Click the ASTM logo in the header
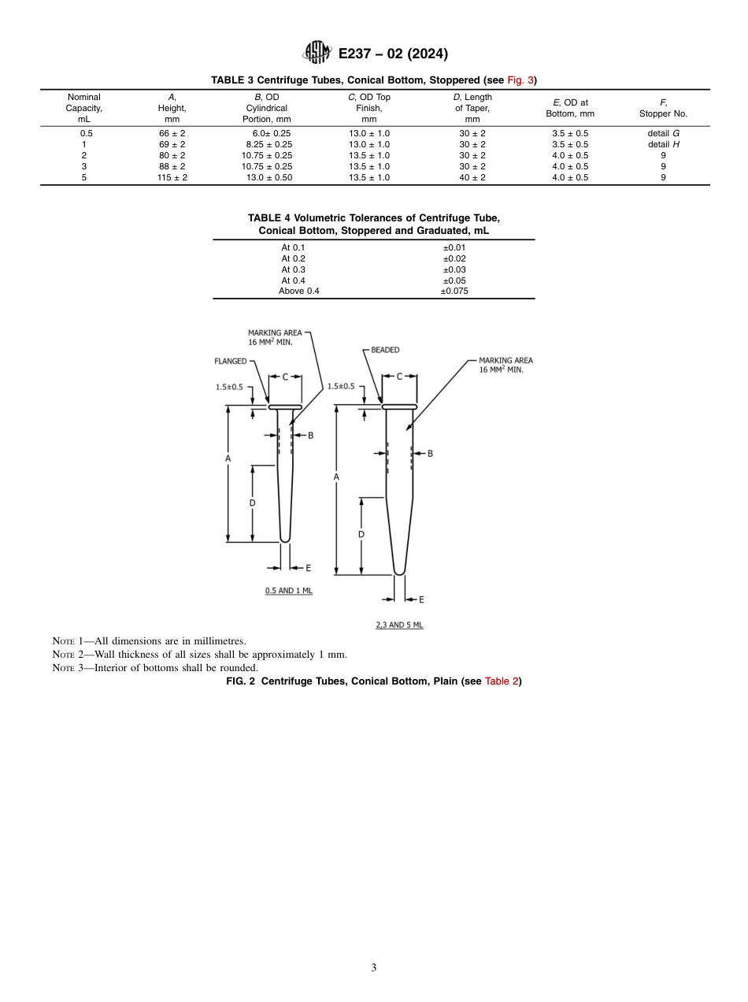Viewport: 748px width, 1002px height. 317,54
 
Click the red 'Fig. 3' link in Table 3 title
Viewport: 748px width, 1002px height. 520,80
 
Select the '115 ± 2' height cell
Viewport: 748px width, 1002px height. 172,178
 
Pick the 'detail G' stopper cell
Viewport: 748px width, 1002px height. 663,134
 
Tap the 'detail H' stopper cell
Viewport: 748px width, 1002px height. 663,145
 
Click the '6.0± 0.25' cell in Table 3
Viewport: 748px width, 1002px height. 266,134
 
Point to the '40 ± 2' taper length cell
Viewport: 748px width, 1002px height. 472,178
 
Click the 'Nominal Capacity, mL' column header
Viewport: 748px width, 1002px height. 83,108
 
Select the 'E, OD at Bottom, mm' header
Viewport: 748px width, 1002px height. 570,108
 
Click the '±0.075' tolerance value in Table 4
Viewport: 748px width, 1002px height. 454,291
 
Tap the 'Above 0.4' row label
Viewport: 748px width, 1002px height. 299,291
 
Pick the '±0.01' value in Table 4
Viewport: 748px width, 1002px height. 454,247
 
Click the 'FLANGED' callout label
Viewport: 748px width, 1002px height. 230,362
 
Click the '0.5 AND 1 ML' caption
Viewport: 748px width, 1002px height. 288,591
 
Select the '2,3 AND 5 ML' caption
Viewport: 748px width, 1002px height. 399,625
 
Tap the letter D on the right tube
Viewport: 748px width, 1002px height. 361,534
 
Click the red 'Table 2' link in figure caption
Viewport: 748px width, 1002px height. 501,681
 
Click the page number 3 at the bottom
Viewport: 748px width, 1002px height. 373,968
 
